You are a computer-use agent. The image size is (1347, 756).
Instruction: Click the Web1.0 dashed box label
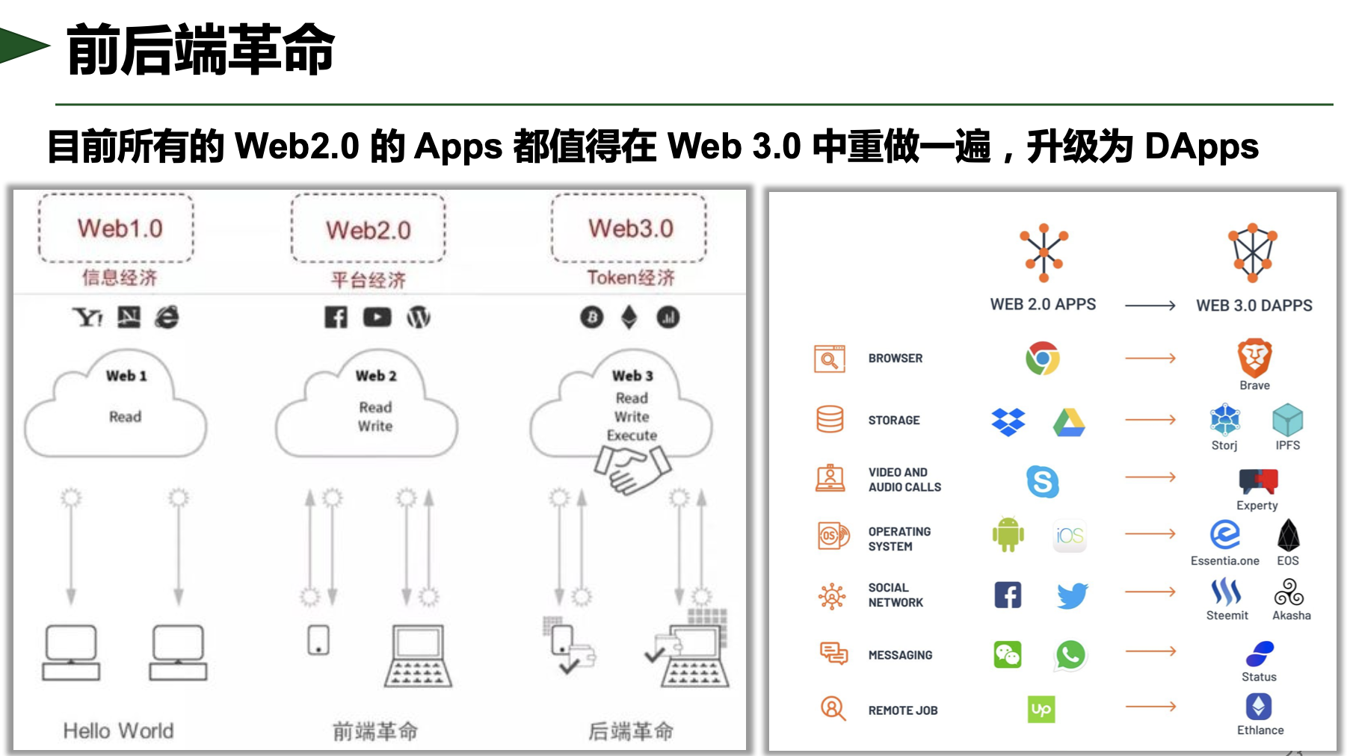point(120,229)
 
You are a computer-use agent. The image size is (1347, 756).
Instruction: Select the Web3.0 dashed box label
point(630,229)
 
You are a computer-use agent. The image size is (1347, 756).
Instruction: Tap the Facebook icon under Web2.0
point(336,317)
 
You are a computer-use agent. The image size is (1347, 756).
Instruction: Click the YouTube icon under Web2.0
point(377,317)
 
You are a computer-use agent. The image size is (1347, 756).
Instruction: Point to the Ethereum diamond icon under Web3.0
point(629,317)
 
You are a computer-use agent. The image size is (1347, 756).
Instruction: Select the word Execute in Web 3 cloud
point(632,436)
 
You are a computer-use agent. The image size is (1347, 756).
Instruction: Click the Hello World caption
point(118,731)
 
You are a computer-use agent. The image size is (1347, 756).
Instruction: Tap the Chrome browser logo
point(1042,359)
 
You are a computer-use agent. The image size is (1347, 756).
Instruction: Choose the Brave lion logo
point(1254,358)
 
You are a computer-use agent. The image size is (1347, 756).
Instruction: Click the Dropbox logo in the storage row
point(1008,422)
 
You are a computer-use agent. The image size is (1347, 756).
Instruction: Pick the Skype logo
point(1043,482)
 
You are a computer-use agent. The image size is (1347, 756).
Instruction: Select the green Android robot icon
point(1008,535)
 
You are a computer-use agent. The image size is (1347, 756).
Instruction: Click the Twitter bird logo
point(1072,595)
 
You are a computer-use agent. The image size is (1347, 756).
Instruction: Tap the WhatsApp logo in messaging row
point(1070,655)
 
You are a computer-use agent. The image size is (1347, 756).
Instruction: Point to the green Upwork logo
point(1041,709)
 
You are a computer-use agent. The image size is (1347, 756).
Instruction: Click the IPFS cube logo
point(1287,421)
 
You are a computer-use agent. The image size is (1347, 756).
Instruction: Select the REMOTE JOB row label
point(902,710)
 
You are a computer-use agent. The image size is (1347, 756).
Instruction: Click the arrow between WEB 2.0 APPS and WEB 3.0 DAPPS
point(1150,306)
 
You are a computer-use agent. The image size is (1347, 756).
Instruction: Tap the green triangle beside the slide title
point(22,46)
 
